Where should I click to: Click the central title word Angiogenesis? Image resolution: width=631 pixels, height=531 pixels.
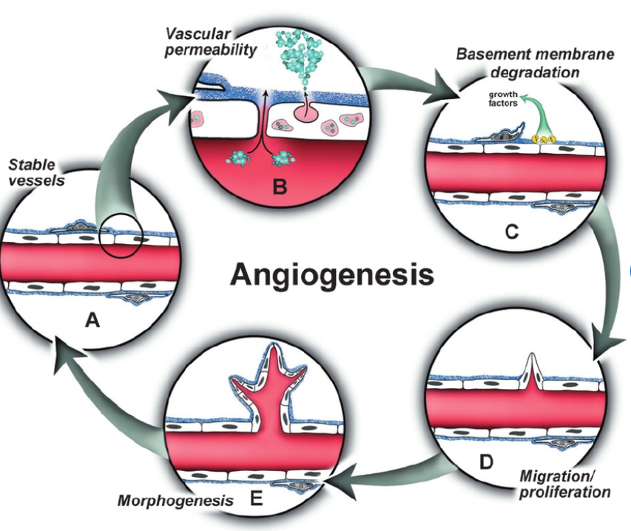coord(331,274)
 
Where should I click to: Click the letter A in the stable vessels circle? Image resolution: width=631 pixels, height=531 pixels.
coord(92,319)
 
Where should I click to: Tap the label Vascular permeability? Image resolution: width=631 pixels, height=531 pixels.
coord(208,42)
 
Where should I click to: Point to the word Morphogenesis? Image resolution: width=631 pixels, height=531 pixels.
coord(175,501)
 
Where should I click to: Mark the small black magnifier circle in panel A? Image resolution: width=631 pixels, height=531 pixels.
coord(120,236)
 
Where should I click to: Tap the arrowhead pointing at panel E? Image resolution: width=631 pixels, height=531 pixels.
coord(331,485)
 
